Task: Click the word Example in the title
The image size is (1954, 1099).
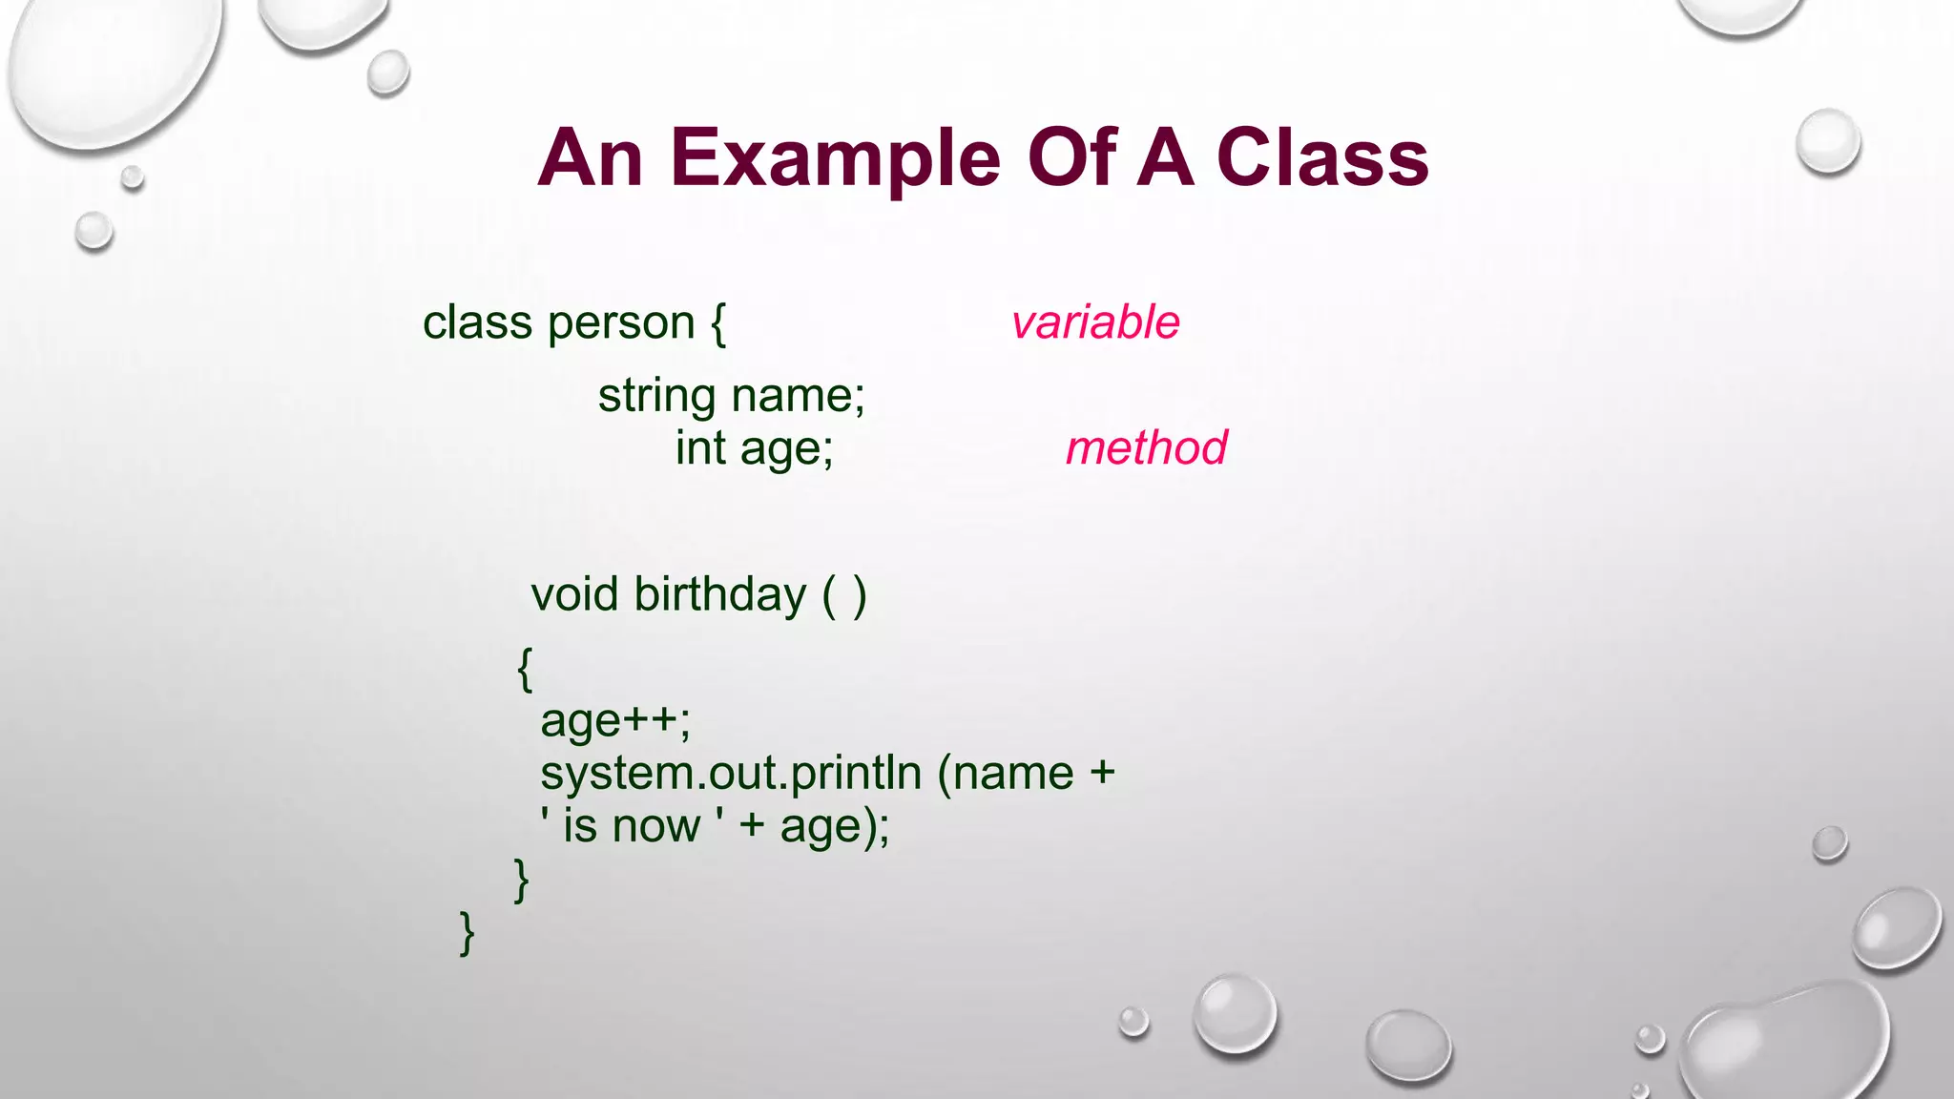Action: (835, 158)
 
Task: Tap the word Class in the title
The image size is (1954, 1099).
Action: (1321, 158)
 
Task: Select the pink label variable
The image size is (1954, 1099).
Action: (1095, 322)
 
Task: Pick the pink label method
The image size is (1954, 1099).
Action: (1146, 447)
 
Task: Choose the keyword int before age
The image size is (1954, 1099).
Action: (700, 447)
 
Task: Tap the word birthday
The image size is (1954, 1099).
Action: (720, 594)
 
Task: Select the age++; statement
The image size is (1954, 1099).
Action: (615, 721)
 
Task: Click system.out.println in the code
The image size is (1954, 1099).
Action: (731, 773)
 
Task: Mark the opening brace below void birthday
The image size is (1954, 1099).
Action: (525, 668)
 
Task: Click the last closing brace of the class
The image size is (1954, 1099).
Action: (467, 932)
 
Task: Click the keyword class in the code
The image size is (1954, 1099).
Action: (477, 322)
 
